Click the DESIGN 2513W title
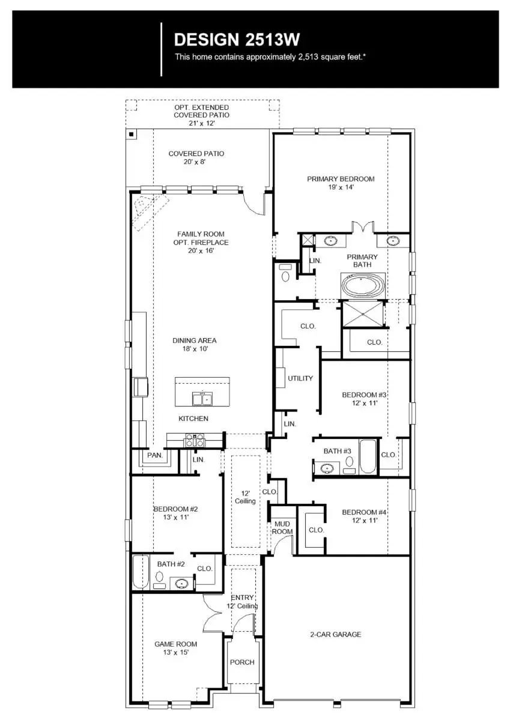(x=237, y=40)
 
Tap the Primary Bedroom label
(x=341, y=183)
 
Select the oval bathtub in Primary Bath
(x=365, y=285)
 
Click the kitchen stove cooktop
(x=195, y=441)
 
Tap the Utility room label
(x=300, y=378)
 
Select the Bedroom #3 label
(x=364, y=399)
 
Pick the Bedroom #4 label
(x=364, y=516)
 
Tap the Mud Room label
(x=282, y=527)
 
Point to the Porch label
(x=242, y=662)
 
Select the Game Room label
(x=175, y=648)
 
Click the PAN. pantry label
(x=155, y=456)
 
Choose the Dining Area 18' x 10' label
(x=195, y=344)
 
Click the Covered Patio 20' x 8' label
(x=196, y=157)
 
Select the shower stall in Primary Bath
(x=362, y=313)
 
